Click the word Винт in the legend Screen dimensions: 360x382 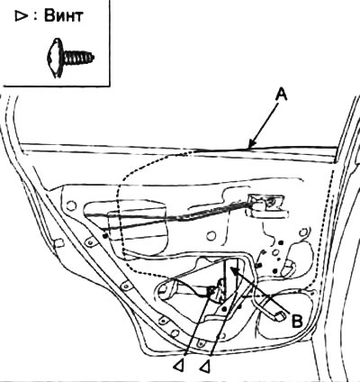click(64, 15)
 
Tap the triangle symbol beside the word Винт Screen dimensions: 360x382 click(22, 17)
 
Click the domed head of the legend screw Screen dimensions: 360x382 click(55, 58)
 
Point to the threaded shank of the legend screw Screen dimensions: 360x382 click(78, 58)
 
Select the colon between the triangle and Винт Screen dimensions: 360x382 click(35, 17)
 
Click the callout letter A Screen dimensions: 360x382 click(281, 96)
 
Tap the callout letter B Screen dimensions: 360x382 click(297, 322)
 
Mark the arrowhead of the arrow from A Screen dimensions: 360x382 click(251, 144)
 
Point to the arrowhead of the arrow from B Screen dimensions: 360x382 click(234, 269)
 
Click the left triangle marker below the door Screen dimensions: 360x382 click(178, 366)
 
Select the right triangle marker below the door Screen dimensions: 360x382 click(205, 366)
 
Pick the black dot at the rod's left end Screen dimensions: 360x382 click(104, 235)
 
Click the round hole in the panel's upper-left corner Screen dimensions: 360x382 click(71, 206)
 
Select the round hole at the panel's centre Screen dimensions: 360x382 click(211, 236)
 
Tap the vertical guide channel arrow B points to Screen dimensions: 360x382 click(231, 277)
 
